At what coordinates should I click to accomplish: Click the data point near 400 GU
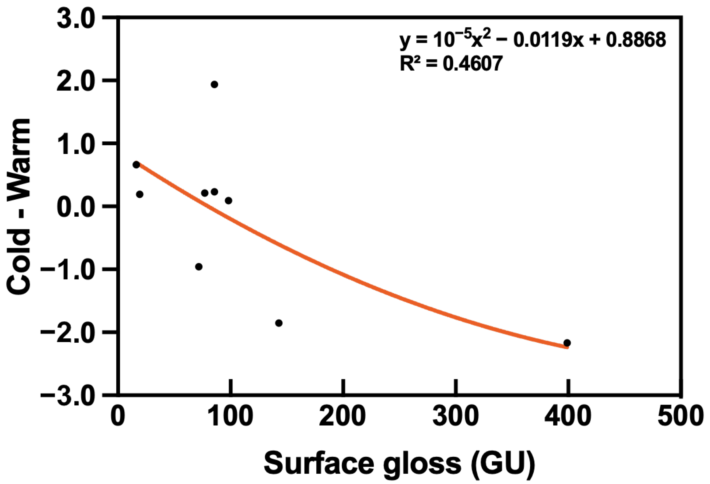coord(567,343)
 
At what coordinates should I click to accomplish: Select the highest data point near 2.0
coord(215,85)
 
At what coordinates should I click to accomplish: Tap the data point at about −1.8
coord(279,323)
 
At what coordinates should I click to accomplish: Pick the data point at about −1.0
coord(199,267)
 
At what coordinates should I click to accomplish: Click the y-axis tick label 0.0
coord(75,206)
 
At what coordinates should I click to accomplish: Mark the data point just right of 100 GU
coord(229,201)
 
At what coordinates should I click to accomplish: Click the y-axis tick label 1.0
coord(75,143)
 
